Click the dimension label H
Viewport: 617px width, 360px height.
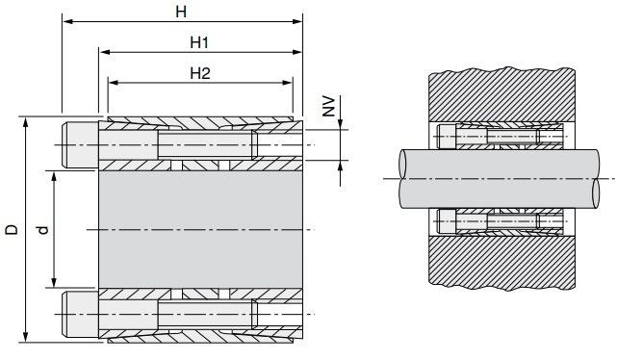181,13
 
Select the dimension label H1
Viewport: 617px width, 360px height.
199,42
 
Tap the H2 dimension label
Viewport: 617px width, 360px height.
200,73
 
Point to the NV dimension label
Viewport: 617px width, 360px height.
328,106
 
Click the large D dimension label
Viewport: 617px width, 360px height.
12,230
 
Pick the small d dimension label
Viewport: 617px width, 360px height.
42,230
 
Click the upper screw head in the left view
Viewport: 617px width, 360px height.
80,144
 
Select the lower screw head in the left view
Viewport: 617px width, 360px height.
80,315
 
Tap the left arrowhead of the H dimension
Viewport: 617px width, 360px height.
67,21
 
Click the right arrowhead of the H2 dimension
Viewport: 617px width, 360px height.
288,83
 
